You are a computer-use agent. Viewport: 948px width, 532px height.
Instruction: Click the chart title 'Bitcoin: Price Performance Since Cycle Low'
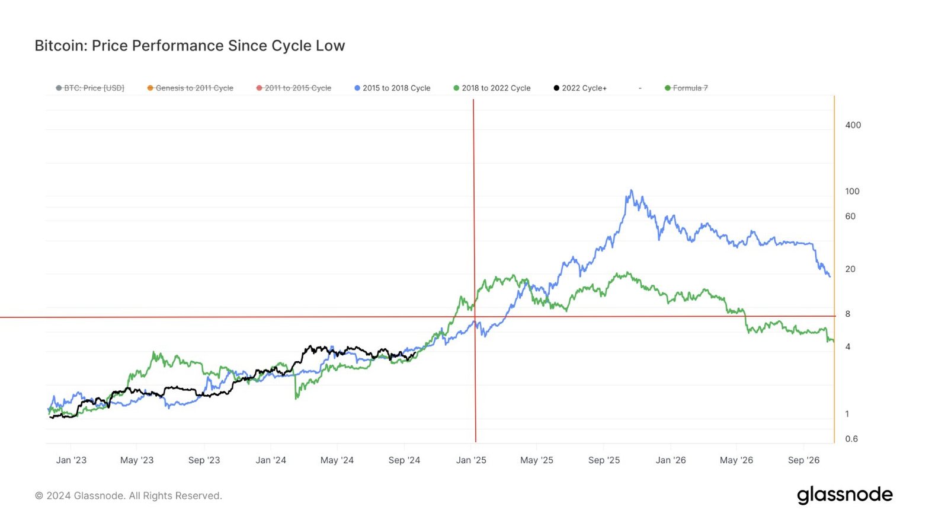(x=190, y=46)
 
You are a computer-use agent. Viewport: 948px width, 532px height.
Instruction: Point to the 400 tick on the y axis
(x=853, y=125)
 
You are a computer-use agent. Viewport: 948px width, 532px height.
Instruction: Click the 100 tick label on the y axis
(x=852, y=192)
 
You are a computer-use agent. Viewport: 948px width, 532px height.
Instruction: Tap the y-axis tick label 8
(x=847, y=314)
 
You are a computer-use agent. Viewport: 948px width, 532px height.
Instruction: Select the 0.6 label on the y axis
(x=851, y=439)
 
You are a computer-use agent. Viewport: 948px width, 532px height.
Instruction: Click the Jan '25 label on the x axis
(x=471, y=460)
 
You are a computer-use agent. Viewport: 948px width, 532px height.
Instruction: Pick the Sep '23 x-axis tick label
(x=204, y=460)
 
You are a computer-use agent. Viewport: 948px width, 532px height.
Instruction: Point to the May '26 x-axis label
(x=736, y=460)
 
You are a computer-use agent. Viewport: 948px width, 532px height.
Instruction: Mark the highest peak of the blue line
(x=631, y=190)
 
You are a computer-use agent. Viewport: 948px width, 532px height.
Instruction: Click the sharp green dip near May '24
(x=296, y=398)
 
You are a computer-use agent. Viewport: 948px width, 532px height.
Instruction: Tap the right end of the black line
(x=415, y=353)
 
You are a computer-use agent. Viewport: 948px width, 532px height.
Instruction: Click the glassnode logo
(x=844, y=495)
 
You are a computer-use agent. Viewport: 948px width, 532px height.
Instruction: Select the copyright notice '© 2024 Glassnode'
(x=128, y=496)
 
